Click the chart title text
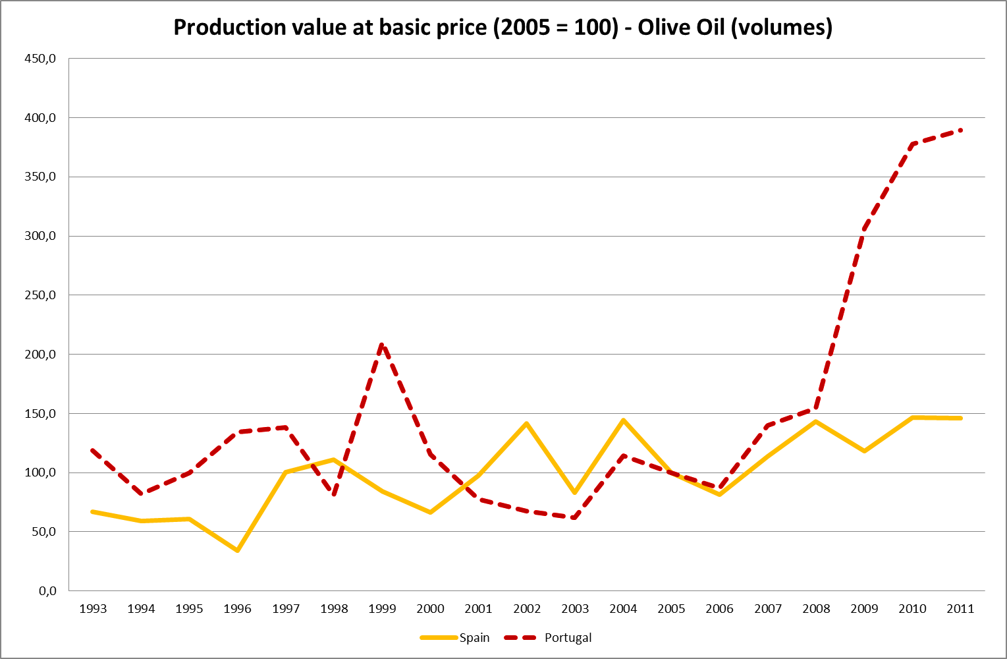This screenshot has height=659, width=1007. pos(503,27)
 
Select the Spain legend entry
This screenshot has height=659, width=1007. pos(474,637)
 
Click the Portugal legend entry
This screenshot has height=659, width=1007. pos(568,637)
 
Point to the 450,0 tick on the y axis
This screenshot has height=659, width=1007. pos(40,59)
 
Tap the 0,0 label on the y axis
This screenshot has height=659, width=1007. pos(47,590)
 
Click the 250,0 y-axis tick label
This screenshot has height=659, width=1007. pos(40,295)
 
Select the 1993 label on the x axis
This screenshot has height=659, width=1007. pos(93,608)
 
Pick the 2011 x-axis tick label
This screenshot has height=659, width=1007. pos(960,608)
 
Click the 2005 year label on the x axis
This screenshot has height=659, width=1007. pos(671,608)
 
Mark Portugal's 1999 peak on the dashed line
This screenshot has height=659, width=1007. pos(382,344)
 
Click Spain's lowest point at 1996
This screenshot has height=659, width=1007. pos(237,550)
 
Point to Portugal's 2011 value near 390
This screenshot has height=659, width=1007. pos(960,130)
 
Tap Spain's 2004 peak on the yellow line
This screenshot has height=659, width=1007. pos(623,420)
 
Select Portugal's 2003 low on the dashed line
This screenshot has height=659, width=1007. pos(575,517)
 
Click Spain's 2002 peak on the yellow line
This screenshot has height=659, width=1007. pos(527,423)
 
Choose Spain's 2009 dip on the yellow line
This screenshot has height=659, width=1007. pos(864,451)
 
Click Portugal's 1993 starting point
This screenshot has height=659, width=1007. pos(93,450)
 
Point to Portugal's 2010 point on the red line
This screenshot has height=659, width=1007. pos(912,144)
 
